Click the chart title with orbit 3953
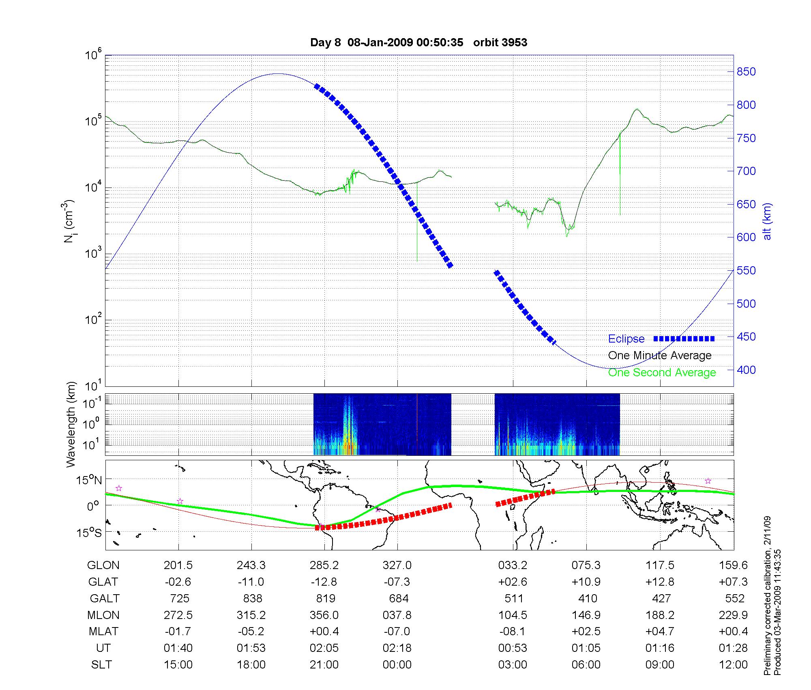coord(418,43)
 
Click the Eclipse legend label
coord(626,339)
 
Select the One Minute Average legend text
coord(660,356)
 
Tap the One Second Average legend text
coord(662,373)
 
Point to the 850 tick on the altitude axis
coord(746,72)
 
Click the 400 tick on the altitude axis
coord(746,370)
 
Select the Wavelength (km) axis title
coord(71,425)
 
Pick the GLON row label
coord(103,565)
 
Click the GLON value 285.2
coord(324,565)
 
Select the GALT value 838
coord(251,599)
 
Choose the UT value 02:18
coord(397,648)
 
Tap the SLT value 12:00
coord(733,665)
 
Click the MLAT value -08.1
coord(513,632)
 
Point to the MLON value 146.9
coord(586,615)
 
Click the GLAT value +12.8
coord(660,582)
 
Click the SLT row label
coord(101,665)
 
